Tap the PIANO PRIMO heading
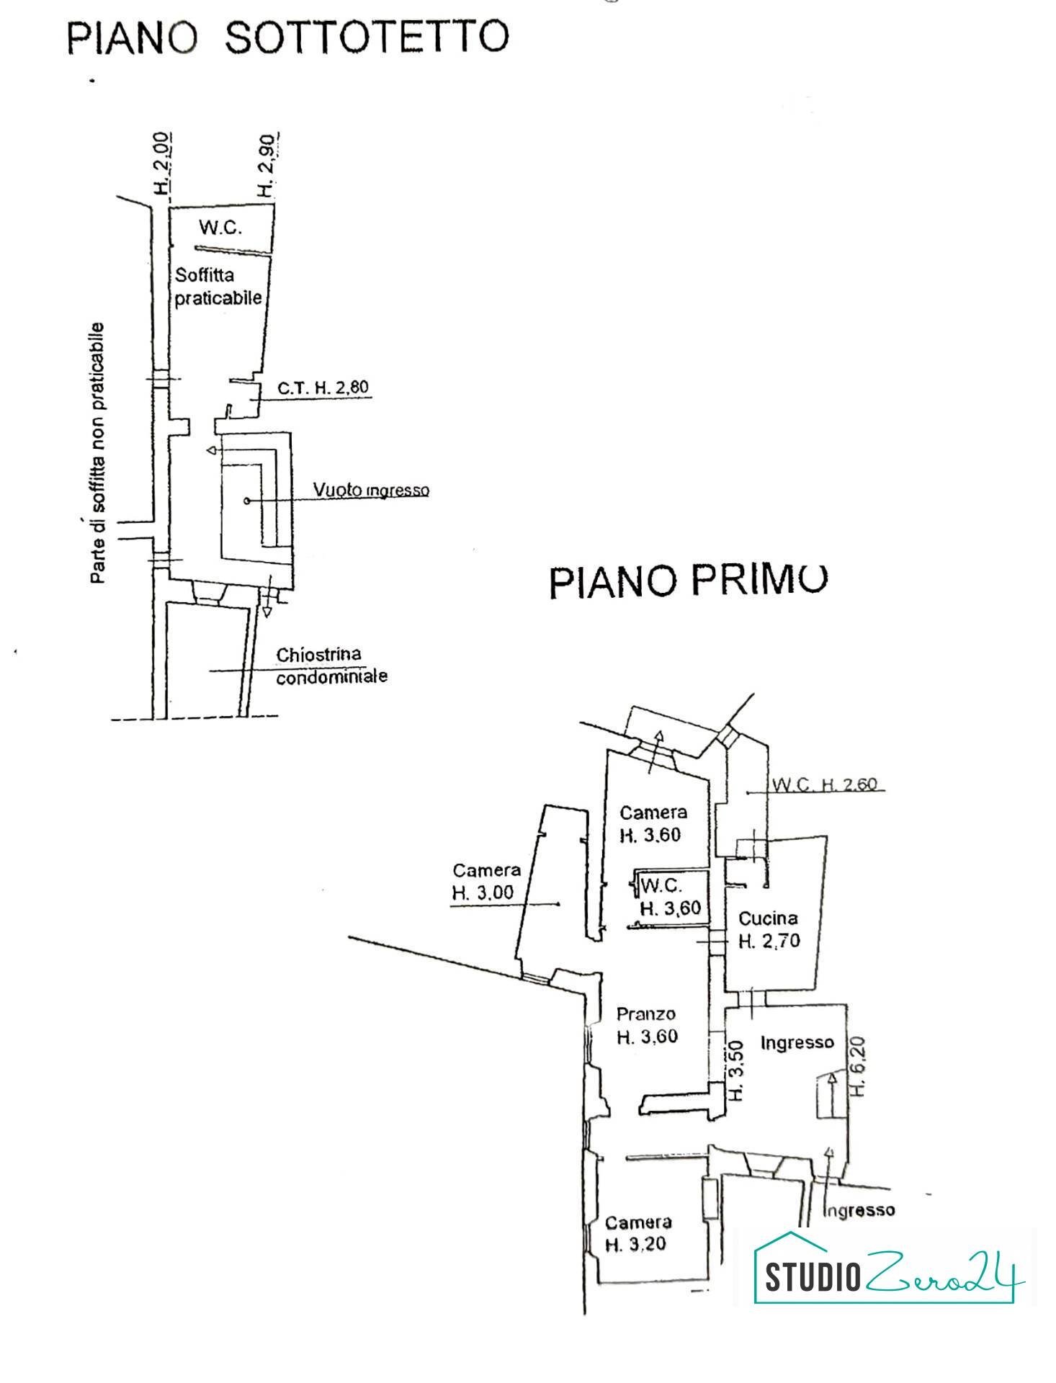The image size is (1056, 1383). [688, 580]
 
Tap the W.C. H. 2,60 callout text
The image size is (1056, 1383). [825, 784]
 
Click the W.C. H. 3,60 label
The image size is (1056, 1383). [669, 896]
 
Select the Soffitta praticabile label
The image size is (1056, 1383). [218, 287]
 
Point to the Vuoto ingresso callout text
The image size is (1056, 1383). [370, 490]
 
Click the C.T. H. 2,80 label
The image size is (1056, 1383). [323, 388]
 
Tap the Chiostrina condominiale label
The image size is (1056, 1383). [331, 666]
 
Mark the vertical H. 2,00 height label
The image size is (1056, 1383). [162, 164]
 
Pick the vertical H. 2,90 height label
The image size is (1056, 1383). [267, 166]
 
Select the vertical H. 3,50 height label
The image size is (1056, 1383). [735, 1070]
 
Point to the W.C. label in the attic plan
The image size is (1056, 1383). [220, 228]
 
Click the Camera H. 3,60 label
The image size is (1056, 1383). [653, 823]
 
